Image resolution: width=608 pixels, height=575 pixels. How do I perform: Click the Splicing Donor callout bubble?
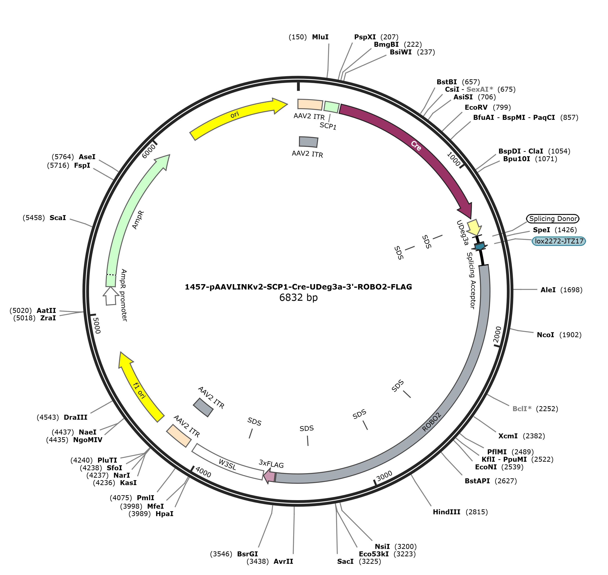coord(552,218)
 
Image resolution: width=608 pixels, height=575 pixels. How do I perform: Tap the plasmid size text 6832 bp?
coord(298,297)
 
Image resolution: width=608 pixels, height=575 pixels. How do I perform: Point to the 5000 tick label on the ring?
coord(96,325)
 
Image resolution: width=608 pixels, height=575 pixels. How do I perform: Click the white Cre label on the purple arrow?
coord(416,146)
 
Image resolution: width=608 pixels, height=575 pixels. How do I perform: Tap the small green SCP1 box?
coord(332,107)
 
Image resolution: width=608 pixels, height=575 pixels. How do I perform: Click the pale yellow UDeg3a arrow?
coord(474,227)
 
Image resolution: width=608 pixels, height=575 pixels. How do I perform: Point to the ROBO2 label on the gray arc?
coord(431,422)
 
